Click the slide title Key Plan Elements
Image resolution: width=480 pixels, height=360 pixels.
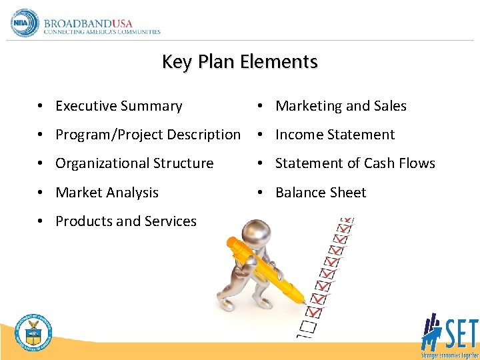click(240, 62)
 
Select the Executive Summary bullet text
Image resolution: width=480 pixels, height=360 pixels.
click(119, 106)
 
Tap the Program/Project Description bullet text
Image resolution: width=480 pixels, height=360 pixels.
click(148, 135)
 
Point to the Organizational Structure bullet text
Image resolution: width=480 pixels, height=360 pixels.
click(135, 163)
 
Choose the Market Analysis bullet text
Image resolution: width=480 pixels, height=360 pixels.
click(107, 193)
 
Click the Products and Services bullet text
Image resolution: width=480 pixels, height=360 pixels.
click(126, 221)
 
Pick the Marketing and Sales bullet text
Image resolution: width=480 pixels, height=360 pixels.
click(341, 106)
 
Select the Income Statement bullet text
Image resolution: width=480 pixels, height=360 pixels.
click(335, 135)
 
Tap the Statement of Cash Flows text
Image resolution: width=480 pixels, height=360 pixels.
click(355, 163)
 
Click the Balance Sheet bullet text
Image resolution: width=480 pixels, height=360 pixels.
click(321, 193)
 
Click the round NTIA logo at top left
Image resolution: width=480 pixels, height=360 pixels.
click(25, 23)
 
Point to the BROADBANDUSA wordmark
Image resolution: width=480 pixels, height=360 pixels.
click(89, 21)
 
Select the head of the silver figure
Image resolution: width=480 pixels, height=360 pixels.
click(255, 233)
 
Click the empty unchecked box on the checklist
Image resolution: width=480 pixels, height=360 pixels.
click(307, 326)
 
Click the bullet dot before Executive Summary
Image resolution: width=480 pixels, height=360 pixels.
click(41, 107)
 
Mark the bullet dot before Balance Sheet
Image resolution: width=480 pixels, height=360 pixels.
click(261, 193)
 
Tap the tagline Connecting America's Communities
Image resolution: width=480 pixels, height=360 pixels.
click(102, 32)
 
